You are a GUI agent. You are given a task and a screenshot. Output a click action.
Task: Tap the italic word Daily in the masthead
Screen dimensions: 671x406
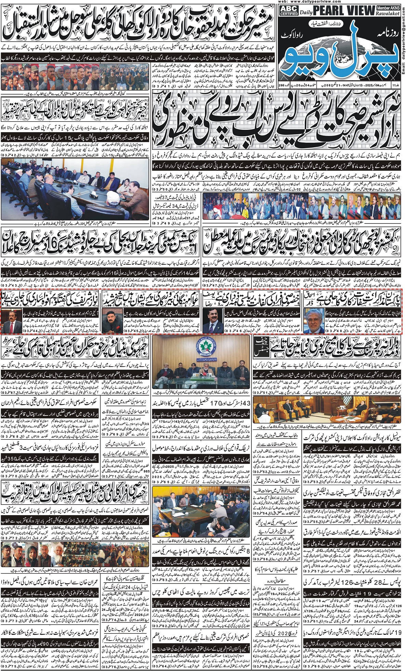(306, 13)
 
